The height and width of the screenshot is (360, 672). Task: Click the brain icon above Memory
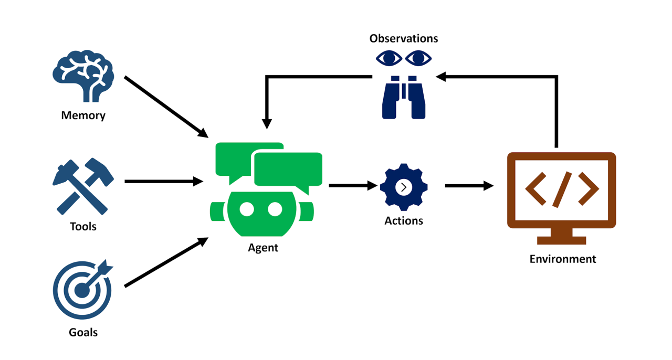[x=83, y=79]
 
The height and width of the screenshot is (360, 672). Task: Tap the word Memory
[x=83, y=115]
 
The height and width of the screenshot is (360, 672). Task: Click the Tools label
[x=83, y=227]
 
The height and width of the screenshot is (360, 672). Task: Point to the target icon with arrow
[x=82, y=289]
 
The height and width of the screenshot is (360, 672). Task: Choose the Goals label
[x=83, y=332]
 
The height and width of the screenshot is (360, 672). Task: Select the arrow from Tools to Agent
[x=163, y=182]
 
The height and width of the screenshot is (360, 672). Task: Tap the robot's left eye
[x=247, y=209]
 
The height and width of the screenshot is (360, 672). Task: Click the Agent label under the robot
[x=263, y=248]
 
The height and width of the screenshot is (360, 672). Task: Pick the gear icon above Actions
[x=403, y=187]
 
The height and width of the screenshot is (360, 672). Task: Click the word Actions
[x=403, y=221]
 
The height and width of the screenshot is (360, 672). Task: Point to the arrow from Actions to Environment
[x=468, y=186]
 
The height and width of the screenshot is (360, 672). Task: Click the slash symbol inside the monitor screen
[x=561, y=187]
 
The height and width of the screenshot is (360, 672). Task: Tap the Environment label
[x=562, y=259]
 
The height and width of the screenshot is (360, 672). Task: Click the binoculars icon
[x=403, y=97]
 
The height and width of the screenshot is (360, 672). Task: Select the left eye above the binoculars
[x=388, y=58]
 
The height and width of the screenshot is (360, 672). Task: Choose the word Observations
[x=403, y=38]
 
